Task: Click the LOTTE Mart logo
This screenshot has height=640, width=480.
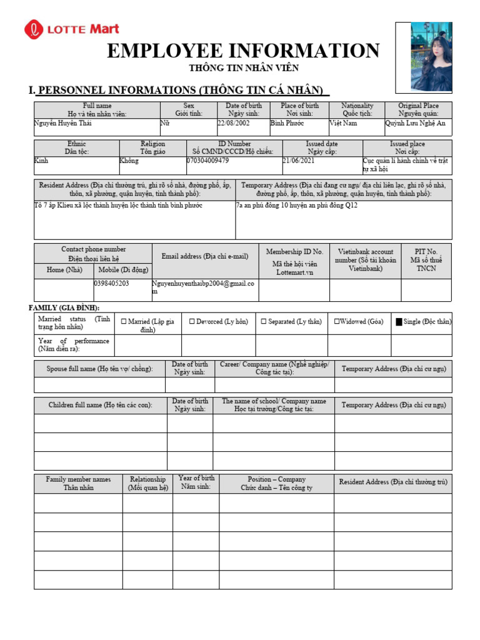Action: (71, 29)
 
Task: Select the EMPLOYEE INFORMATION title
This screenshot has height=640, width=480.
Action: (243, 51)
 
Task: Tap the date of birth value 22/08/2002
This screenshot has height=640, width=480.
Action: (233, 124)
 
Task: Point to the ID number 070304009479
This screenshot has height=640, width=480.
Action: (208, 161)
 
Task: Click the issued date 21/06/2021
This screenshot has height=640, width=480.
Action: (299, 161)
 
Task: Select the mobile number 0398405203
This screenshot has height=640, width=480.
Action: (112, 283)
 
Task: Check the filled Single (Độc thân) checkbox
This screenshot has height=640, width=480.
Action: (399, 322)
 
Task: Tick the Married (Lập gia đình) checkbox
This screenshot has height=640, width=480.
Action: (123, 321)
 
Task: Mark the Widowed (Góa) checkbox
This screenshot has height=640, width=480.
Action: (337, 321)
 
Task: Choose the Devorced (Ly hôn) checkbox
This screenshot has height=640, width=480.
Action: (192, 321)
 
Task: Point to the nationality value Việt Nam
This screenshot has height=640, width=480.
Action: (343, 124)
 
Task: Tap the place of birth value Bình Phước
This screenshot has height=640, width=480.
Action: (287, 124)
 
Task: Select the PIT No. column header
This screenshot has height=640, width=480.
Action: (426, 259)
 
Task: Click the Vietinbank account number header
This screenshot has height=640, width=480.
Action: (364, 259)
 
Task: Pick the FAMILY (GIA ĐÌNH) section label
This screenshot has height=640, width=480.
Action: (64, 307)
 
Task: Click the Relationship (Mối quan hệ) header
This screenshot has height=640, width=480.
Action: (147, 483)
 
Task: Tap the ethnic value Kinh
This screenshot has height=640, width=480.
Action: (41, 161)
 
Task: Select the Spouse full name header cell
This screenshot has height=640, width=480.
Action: (99, 369)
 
